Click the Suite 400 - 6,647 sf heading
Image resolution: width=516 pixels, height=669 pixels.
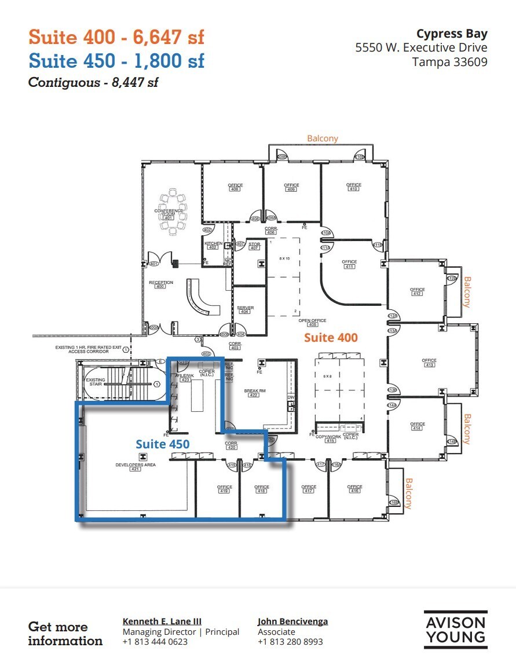click(x=116, y=38)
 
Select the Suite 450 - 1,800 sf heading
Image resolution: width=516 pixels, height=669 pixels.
click(x=116, y=61)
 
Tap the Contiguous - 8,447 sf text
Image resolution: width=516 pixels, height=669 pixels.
click(x=93, y=82)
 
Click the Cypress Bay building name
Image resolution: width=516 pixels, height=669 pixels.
click(x=452, y=34)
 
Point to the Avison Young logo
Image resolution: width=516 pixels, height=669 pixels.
click(x=455, y=630)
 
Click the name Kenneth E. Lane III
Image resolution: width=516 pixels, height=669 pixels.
click(x=162, y=622)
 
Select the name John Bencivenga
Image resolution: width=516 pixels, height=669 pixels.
click(x=292, y=622)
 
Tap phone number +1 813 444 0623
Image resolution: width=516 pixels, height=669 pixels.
click(x=155, y=642)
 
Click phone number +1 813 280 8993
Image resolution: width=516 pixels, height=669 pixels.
click(x=290, y=642)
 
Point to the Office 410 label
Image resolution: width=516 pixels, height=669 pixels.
click(x=353, y=187)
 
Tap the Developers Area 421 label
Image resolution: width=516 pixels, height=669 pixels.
click(x=136, y=467)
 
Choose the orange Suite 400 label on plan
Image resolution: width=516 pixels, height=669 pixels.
click(x=331, y=337)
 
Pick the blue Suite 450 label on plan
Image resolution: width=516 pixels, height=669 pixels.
click(x=163, y=444)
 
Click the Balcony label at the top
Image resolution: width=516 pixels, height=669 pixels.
click(x=323, y=138)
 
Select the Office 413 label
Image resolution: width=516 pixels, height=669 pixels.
click(x=429, y=363)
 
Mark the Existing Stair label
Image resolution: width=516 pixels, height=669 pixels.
click(x=96, y=382)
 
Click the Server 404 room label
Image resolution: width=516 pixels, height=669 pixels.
click(x=245, y=310)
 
